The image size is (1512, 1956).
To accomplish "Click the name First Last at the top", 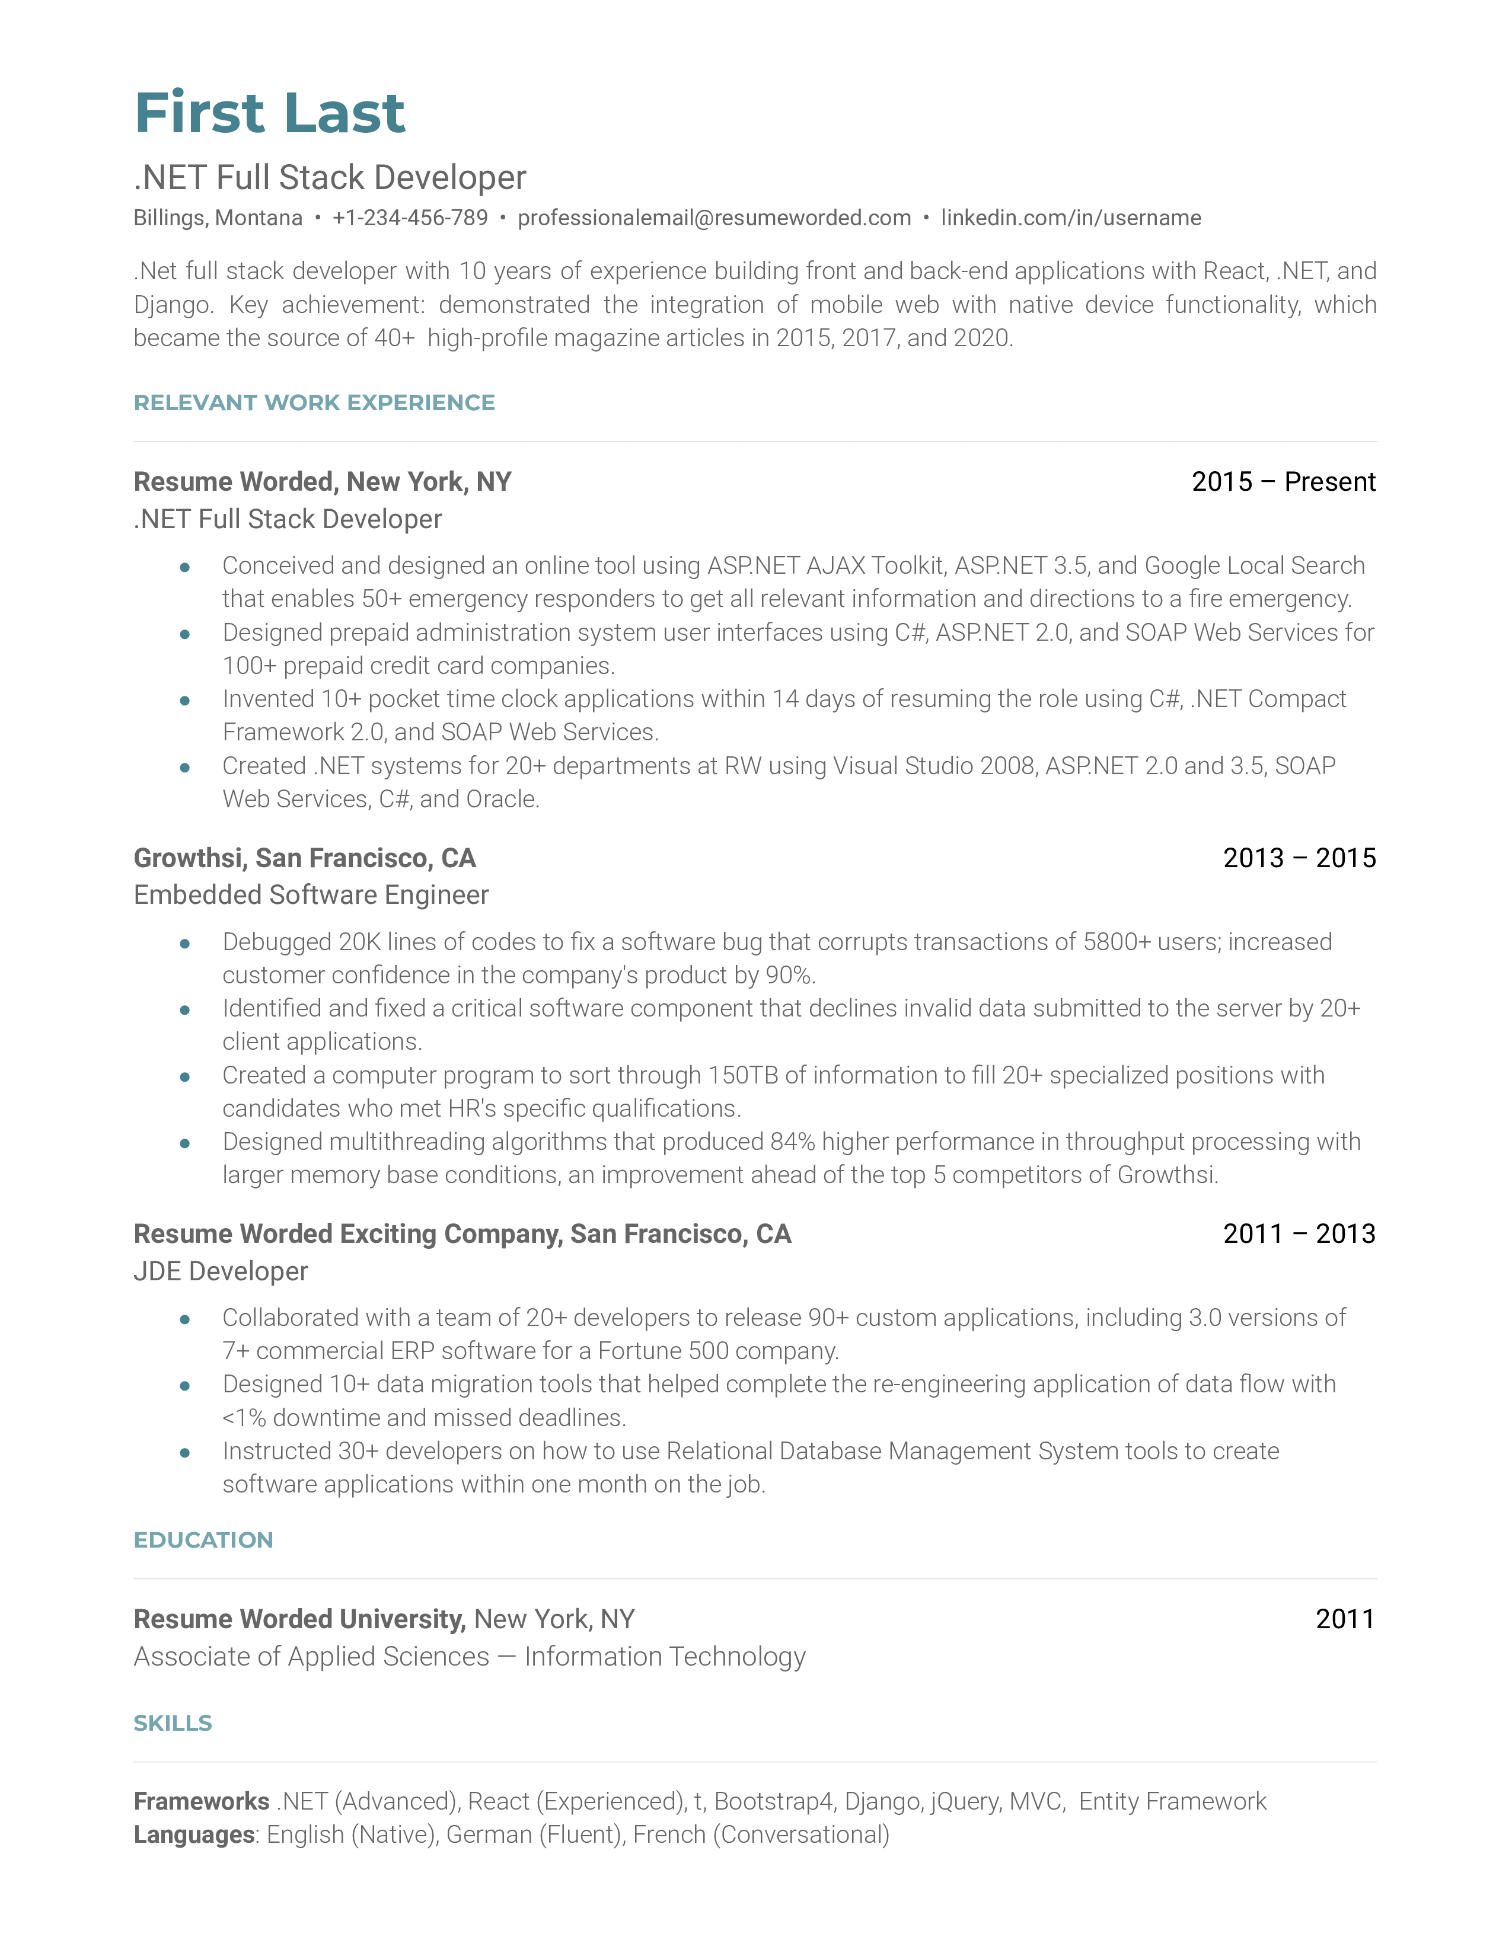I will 270,114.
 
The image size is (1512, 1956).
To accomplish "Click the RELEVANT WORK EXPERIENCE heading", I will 314,403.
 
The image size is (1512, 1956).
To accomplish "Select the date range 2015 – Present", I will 1283,482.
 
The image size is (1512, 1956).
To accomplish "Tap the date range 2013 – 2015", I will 1299,858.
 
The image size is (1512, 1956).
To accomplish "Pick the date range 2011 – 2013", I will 1299,1234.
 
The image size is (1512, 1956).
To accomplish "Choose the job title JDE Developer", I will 221,1272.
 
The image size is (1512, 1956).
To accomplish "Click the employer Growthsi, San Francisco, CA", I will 305,858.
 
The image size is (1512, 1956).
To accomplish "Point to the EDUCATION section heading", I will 203,1540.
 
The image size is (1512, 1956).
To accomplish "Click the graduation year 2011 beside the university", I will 1345,1619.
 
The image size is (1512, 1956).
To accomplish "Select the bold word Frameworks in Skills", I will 202,1801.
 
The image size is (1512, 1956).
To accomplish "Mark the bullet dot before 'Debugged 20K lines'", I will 184,943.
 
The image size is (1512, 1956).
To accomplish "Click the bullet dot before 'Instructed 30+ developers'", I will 184,1453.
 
